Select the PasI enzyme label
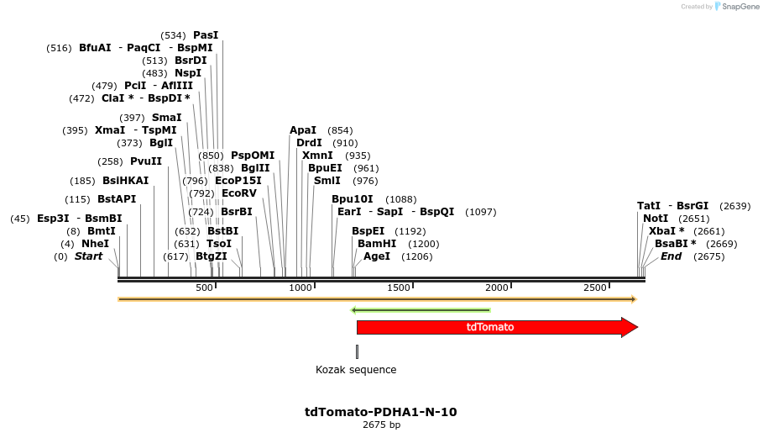[x=206, y=35]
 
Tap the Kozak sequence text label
[x=356, y=370]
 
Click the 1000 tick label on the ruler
[x=301, y=288]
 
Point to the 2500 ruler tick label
[x=594, y=288]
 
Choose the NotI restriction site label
[x=656, y=219]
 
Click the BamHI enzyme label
[x=377, y=244]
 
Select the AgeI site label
[x=377, y=256]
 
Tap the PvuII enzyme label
[x=146, y=161]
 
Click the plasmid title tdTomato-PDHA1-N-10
[x=380, y=412]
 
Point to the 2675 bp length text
[x=381, y=425]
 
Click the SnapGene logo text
[x=740, y=7]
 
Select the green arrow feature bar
[x=420, y=310]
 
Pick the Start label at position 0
[x=88, y=256]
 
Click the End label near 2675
[x=671, y=256]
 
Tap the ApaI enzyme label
[x=303, y=130]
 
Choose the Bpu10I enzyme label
[x=353, y=199]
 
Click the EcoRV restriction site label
[x=239, y=193]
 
